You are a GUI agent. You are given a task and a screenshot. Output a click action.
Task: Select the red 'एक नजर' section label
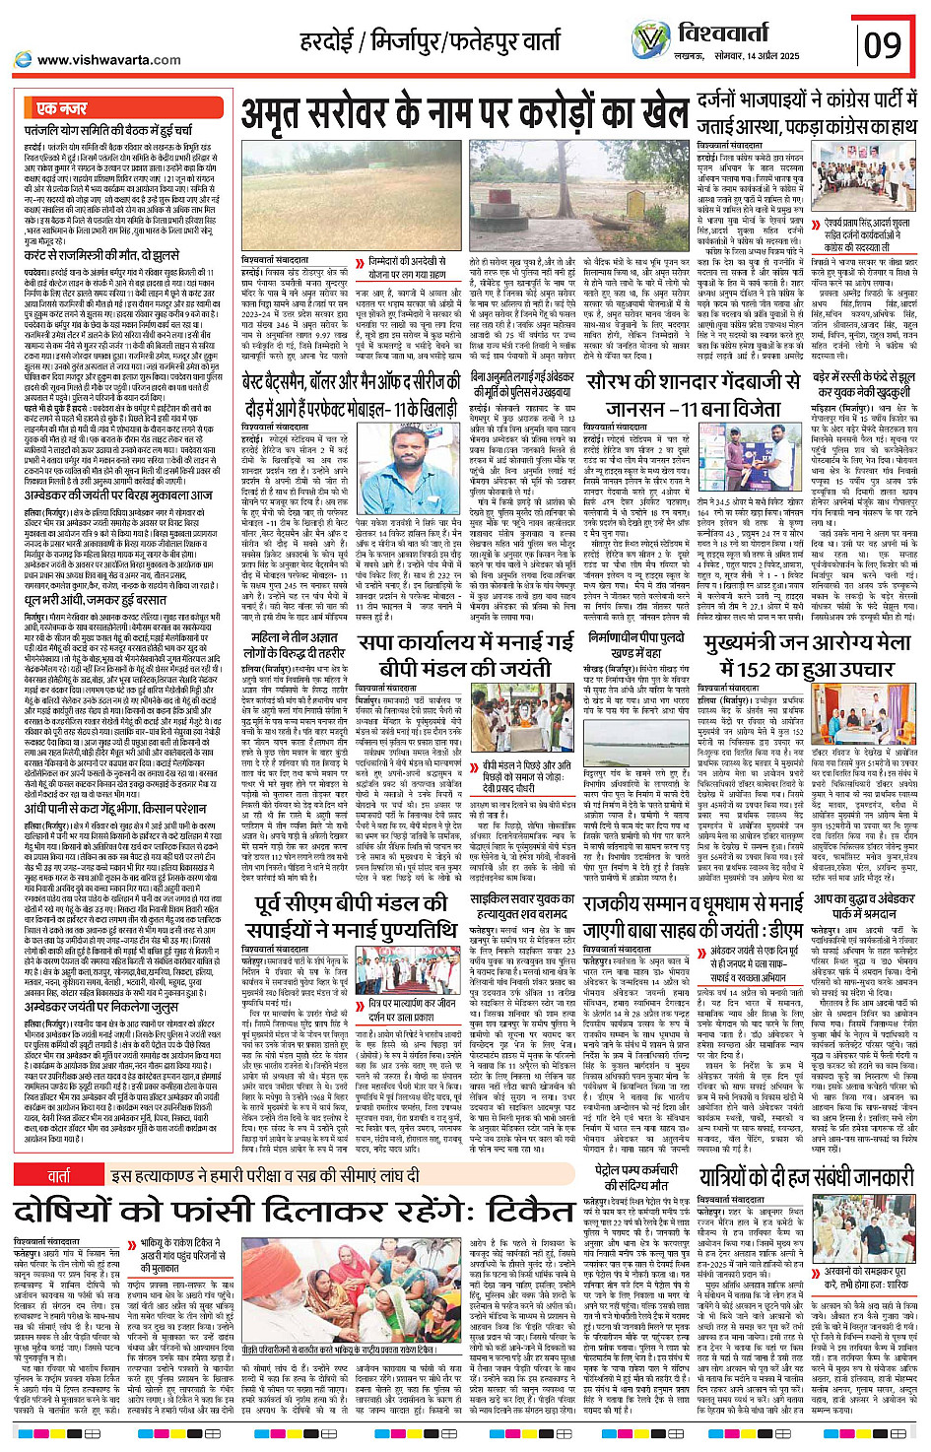(62, 107)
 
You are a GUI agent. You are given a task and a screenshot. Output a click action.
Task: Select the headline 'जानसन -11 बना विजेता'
(691, 409)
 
